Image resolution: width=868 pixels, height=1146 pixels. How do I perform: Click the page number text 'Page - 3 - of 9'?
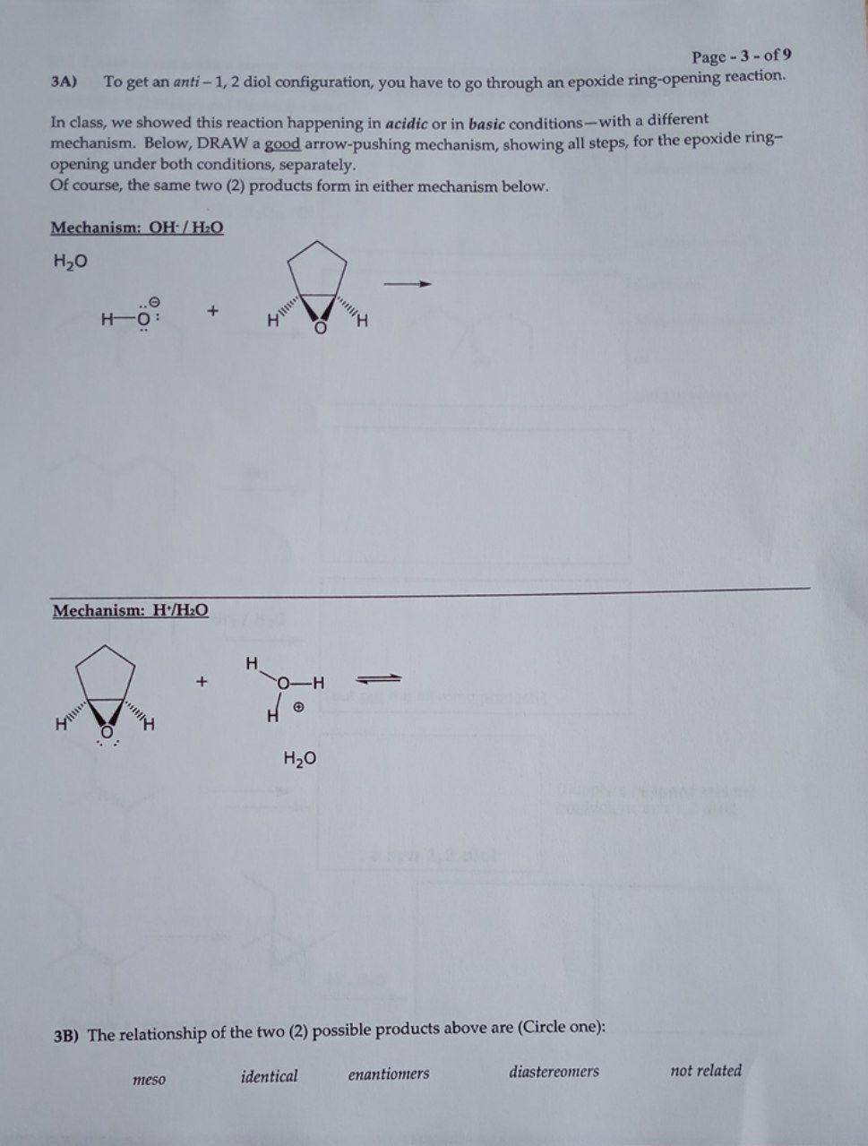pos(741,56)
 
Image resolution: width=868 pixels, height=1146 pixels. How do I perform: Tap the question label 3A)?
pos(64,82)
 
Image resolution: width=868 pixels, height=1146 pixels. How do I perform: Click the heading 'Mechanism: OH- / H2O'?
pos(137,228)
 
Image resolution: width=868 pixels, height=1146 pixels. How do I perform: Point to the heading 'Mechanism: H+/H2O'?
pos(131,611)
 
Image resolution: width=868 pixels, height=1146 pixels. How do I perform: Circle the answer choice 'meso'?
pos(149,1079)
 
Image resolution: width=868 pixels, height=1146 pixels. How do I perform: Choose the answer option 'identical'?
pos(269,1076)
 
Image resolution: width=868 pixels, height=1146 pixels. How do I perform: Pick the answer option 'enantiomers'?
pos(388,1073)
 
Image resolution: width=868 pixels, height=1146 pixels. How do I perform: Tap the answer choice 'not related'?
pos(706,1070)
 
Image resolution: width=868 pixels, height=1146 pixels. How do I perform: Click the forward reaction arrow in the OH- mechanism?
pos(408,285)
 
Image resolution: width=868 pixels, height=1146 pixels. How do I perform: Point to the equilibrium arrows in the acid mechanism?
pos(379,678)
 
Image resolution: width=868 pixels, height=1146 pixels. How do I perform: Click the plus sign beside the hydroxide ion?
pos(212,312)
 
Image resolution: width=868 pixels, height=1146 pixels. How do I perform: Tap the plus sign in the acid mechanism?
pos(202,682)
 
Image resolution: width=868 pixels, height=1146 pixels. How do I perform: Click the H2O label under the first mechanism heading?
pos(71,263)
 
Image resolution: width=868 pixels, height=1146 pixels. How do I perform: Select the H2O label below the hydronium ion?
pos(299,759)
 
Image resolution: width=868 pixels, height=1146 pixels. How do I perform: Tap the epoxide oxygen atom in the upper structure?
pos(319,329)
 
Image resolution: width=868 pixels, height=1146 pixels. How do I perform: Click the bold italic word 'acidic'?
pos(408,124)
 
